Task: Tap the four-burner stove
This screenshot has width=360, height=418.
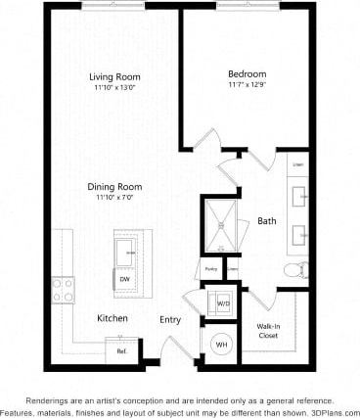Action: tap(63, 290)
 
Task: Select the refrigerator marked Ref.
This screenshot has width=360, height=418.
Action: tap(122, 349)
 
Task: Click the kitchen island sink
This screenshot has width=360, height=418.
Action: tap(127, 253)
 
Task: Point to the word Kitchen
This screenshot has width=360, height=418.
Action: tap(112, 319)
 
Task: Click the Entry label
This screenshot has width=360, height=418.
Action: tap(171, 319)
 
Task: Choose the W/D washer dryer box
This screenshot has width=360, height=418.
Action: tap(222, 303)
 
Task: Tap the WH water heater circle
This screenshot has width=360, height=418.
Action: tap(221, 344)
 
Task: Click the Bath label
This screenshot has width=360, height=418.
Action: tap(266, 221)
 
